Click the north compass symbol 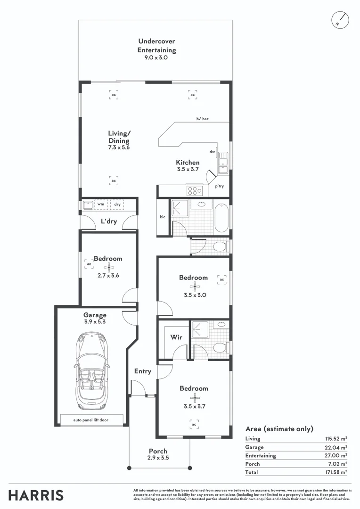(340, 19)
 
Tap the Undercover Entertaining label (156, 46)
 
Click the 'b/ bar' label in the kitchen (203, 119)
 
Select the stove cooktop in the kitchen (194, 190)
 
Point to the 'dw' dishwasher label (213, 152)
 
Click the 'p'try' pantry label (219, 187)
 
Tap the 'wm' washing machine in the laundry (101, 205)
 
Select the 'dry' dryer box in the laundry (118, 205)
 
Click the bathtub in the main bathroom (221, 218)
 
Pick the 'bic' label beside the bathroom (163, 217)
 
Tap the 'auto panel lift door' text (92, 420)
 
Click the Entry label (142, 371)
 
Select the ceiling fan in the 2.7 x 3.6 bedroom (109, 268)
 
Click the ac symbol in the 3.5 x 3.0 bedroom (221, 279)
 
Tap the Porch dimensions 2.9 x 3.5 (158, 458)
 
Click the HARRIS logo (36, 495)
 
